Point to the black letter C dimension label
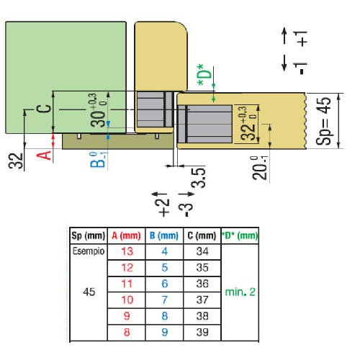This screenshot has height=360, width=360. point(44,109)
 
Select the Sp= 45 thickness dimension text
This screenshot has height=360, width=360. point(323,121)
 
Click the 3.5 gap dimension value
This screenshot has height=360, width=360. point(198,178)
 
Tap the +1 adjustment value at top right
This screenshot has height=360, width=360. point(302,38)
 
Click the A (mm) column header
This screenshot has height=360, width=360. point(126,235)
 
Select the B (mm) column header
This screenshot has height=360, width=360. point(164,235)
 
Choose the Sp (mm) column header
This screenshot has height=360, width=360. point(89,235)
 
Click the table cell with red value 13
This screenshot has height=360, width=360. point(127,251)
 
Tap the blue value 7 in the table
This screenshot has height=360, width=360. point(164,300)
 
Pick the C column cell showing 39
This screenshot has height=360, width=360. point(202,333)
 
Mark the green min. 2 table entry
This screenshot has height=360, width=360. point(240,292)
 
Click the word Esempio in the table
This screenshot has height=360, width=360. point(89,251)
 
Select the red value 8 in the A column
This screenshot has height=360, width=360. point(127,333)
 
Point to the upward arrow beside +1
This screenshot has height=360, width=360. point(284,35)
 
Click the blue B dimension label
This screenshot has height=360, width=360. point(98,160)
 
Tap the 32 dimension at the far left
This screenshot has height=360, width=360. point(16,161)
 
